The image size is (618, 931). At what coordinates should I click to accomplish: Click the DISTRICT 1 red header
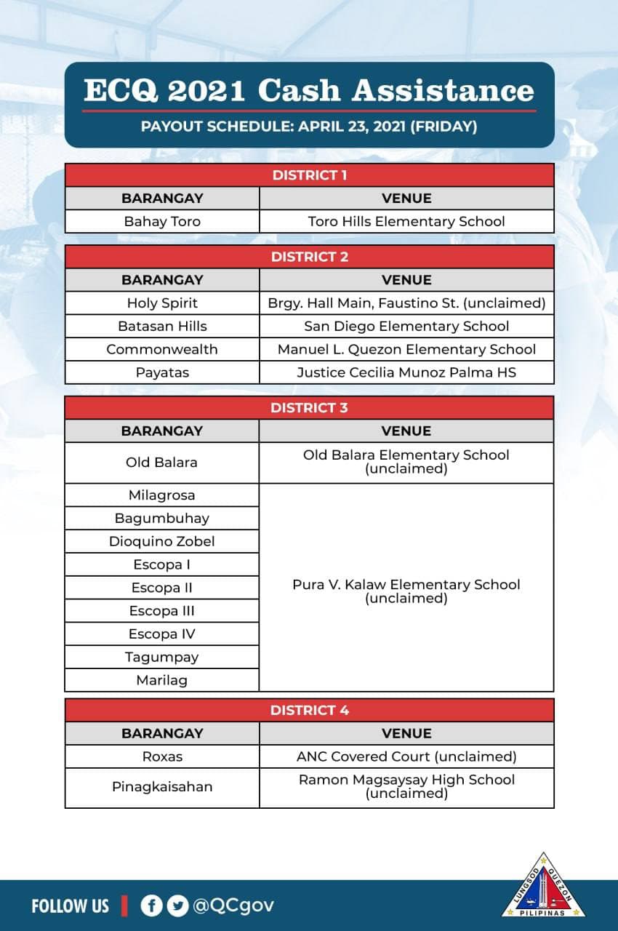(310, 175)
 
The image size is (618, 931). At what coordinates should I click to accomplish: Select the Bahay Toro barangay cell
(162, 221)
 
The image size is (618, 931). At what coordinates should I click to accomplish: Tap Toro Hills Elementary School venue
(406, 221)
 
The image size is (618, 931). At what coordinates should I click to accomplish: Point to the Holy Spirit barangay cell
(162, 303)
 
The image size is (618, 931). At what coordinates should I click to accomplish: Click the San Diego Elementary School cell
(406, 326)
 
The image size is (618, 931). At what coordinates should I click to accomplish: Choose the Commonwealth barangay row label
(162, 349)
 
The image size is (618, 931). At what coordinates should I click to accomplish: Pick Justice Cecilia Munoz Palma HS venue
(406, 372)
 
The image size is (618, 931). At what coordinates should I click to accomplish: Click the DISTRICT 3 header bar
(310, 407)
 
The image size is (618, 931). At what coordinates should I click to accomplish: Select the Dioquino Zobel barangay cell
(162, 541)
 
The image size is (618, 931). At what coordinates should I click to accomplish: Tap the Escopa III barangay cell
(162, 611)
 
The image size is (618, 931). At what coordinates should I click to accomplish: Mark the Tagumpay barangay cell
(162, 658)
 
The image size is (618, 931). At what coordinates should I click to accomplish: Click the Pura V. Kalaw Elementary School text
(406, 585)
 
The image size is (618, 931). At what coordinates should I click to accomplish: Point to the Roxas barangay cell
(162, 756)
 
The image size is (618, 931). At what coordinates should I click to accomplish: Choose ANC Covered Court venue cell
(406, 756)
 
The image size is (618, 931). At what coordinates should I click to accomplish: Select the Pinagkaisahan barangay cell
(162, 786)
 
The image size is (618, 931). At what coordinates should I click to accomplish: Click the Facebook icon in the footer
(151, 906)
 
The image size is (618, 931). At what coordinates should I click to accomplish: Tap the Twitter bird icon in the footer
(177, 906)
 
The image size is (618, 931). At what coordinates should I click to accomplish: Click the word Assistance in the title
(444, 91)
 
